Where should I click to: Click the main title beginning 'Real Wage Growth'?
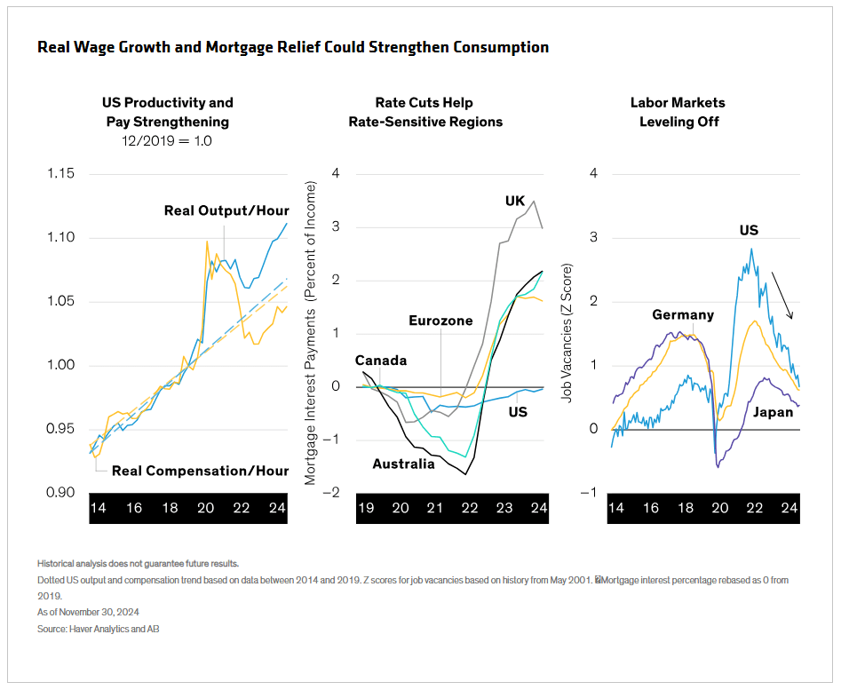(293, 47)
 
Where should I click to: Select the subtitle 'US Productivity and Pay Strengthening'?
(167, 112)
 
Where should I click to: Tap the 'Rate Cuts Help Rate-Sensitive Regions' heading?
(425, 112)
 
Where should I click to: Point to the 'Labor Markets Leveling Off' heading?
(678, 112)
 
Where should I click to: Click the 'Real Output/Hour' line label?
(226, 210)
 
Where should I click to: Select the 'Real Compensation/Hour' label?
(201, 471)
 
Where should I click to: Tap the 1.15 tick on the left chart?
(63, 173)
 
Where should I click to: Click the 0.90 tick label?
(63, 492)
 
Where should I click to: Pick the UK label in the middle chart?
(515, 202)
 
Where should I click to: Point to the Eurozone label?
(440, 321)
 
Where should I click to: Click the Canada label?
(380, 361)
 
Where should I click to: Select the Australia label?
(403, 464)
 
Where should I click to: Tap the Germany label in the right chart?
(682, 315)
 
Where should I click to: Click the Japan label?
(773, 412)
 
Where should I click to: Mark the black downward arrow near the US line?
(781, 296)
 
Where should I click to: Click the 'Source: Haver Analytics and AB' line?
(98, 629)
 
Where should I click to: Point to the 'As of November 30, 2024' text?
(88, 612)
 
